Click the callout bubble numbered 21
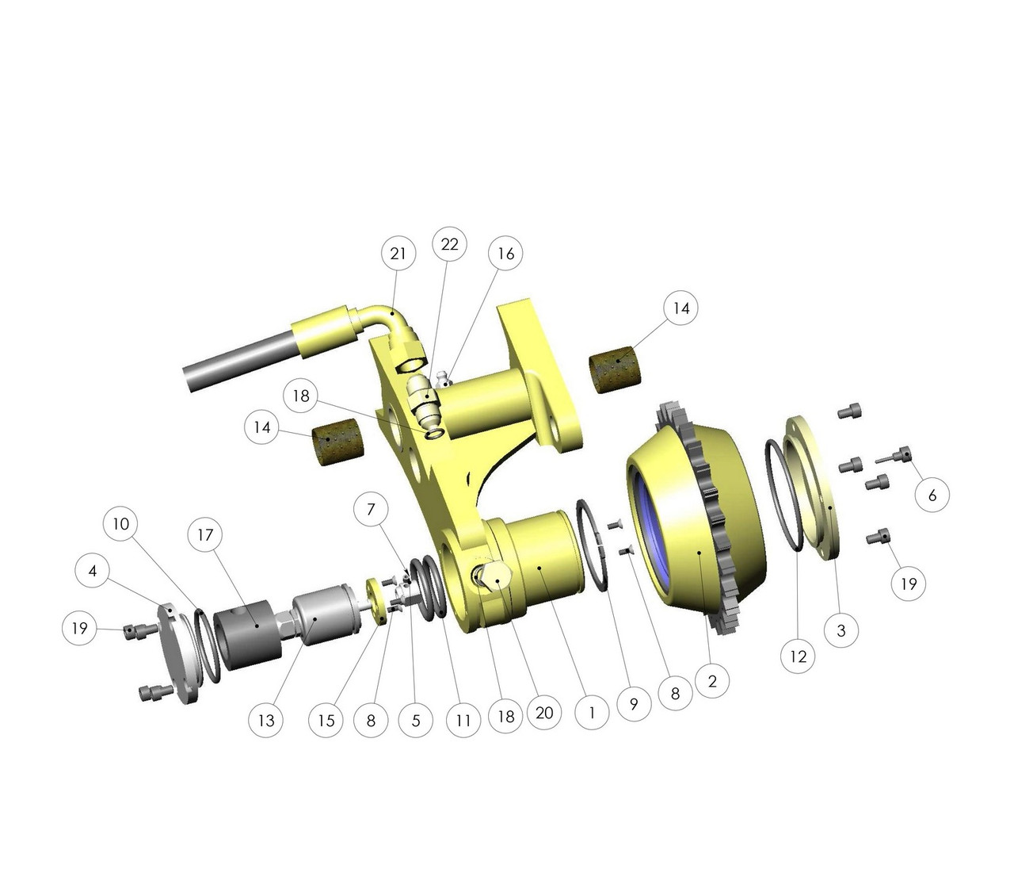click(398, 253)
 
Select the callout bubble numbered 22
click(449, 244)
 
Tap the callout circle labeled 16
click(505, 253)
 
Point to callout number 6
click(932, 495)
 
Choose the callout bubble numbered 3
click(841, 630)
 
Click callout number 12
click(798, 656)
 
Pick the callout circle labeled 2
click(712, 680)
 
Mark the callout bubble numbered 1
click(591, 712)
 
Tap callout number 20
click(544, 712)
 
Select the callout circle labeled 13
click(265, 720)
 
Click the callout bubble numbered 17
click(205, 535)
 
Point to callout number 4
click(93, 571)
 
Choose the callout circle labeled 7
click(371, 508)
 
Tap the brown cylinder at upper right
click(619, 373)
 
